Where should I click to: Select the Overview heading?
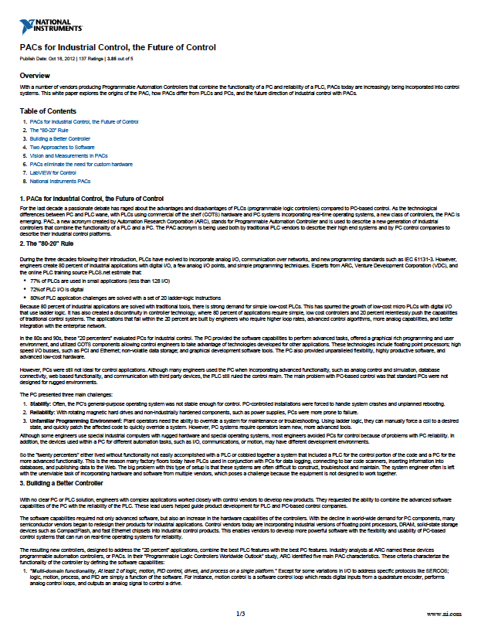click(x=35, y=76)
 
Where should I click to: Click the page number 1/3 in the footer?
click(x=240, y=613)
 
